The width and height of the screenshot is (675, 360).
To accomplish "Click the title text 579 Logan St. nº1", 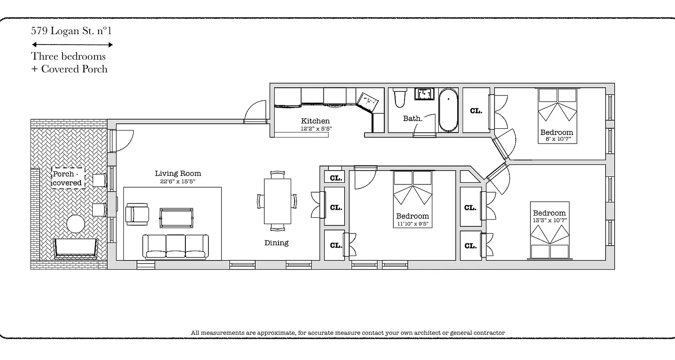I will [x=71, y=31].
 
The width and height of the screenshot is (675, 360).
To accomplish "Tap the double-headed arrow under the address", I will [x=72, y=45].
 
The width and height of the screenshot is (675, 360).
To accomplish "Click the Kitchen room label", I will [x=315, y=121].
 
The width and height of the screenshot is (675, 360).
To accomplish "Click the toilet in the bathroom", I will [x=399, y=98].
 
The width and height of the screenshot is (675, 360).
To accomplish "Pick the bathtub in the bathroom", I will [x=448, y=110].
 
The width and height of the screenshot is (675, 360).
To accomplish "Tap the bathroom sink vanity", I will [x=424, y=94].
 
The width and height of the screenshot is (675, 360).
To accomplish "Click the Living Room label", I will [x=178, y=174].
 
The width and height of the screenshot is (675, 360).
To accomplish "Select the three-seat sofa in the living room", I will [x=175, y=247].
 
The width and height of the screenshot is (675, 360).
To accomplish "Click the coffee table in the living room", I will [x=176, y=218].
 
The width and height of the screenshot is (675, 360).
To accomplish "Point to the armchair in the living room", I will [x=137, y=214].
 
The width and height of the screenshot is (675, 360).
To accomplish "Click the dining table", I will [x=277, y=201].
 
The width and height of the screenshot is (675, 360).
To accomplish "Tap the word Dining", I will [x=276, y=243].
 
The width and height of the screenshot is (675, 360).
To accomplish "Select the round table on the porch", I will [x=76, y=224].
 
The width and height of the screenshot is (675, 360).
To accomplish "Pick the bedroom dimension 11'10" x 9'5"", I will [x=412, y=223].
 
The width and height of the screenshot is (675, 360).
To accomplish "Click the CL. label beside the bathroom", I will [x=476, y=111].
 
